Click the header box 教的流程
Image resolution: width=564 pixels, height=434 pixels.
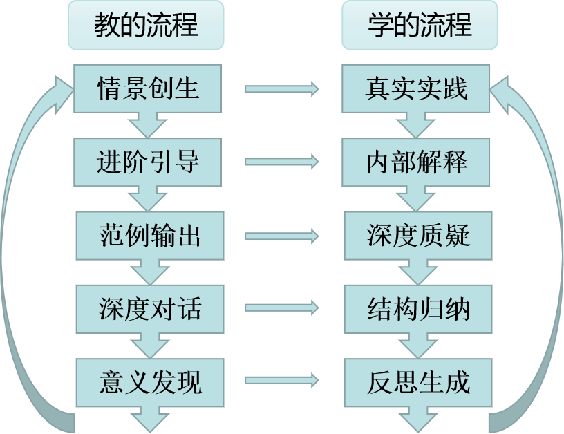146,26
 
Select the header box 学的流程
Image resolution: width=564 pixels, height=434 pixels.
420,26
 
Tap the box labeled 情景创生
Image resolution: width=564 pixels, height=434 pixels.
149,89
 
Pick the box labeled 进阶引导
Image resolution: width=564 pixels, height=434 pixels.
149,162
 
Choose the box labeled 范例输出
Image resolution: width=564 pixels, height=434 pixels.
149,236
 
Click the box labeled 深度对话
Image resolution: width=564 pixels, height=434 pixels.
149,308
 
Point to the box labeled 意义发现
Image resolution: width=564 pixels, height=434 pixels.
149,381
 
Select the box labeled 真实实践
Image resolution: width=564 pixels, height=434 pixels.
417,89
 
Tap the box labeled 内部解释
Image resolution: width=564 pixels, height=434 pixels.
417,162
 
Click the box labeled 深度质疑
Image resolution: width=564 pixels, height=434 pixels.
417,236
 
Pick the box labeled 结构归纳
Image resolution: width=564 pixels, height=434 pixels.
417,308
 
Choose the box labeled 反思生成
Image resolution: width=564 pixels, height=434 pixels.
417,381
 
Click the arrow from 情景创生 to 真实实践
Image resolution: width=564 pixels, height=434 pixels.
282,89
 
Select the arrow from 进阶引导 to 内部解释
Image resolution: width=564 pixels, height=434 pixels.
282,162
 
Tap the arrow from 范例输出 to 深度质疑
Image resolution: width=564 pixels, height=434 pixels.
282,236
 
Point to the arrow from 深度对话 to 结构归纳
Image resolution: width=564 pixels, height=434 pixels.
282,308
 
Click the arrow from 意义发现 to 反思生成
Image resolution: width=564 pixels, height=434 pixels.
282,381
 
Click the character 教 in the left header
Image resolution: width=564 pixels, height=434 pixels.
107,26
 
